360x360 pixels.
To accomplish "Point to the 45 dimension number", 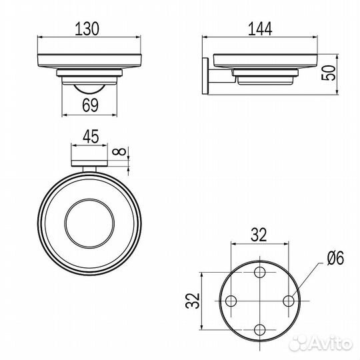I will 91,138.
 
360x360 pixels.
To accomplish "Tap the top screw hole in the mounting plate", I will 260,272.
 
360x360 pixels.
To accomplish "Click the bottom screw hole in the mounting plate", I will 260,329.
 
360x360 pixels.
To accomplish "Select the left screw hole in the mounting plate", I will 231,301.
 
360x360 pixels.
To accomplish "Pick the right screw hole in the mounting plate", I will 288,301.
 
